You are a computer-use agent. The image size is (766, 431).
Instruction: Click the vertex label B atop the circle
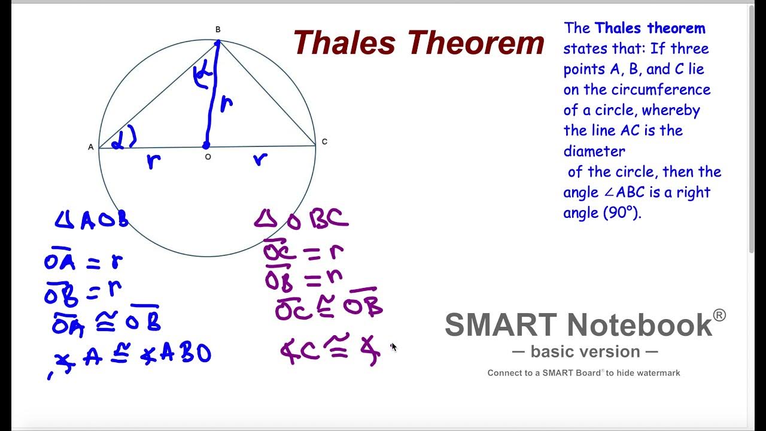(218, 30)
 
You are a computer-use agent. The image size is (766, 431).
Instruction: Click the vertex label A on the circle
(91, 147)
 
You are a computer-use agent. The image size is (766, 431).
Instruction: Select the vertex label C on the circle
(324, 142)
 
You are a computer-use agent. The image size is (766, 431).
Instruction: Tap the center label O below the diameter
(208, 157)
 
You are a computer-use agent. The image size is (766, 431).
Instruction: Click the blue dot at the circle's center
(206, 145)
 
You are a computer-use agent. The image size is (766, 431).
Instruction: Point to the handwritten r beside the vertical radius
(226, 105)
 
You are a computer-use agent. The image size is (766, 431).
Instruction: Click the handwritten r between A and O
(154, 160)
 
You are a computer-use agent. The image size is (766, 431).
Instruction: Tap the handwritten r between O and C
(260, 159)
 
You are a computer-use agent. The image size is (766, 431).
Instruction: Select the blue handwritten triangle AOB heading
(92, 220)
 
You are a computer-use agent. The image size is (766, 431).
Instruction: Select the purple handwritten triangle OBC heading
(301, 219)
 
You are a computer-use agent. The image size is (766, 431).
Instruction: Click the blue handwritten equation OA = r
(83, 262)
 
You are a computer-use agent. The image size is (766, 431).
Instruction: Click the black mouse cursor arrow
(393, 347)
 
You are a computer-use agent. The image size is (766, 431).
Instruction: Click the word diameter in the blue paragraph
(594, 151)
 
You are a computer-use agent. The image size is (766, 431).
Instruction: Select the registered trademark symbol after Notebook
(719, 315)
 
